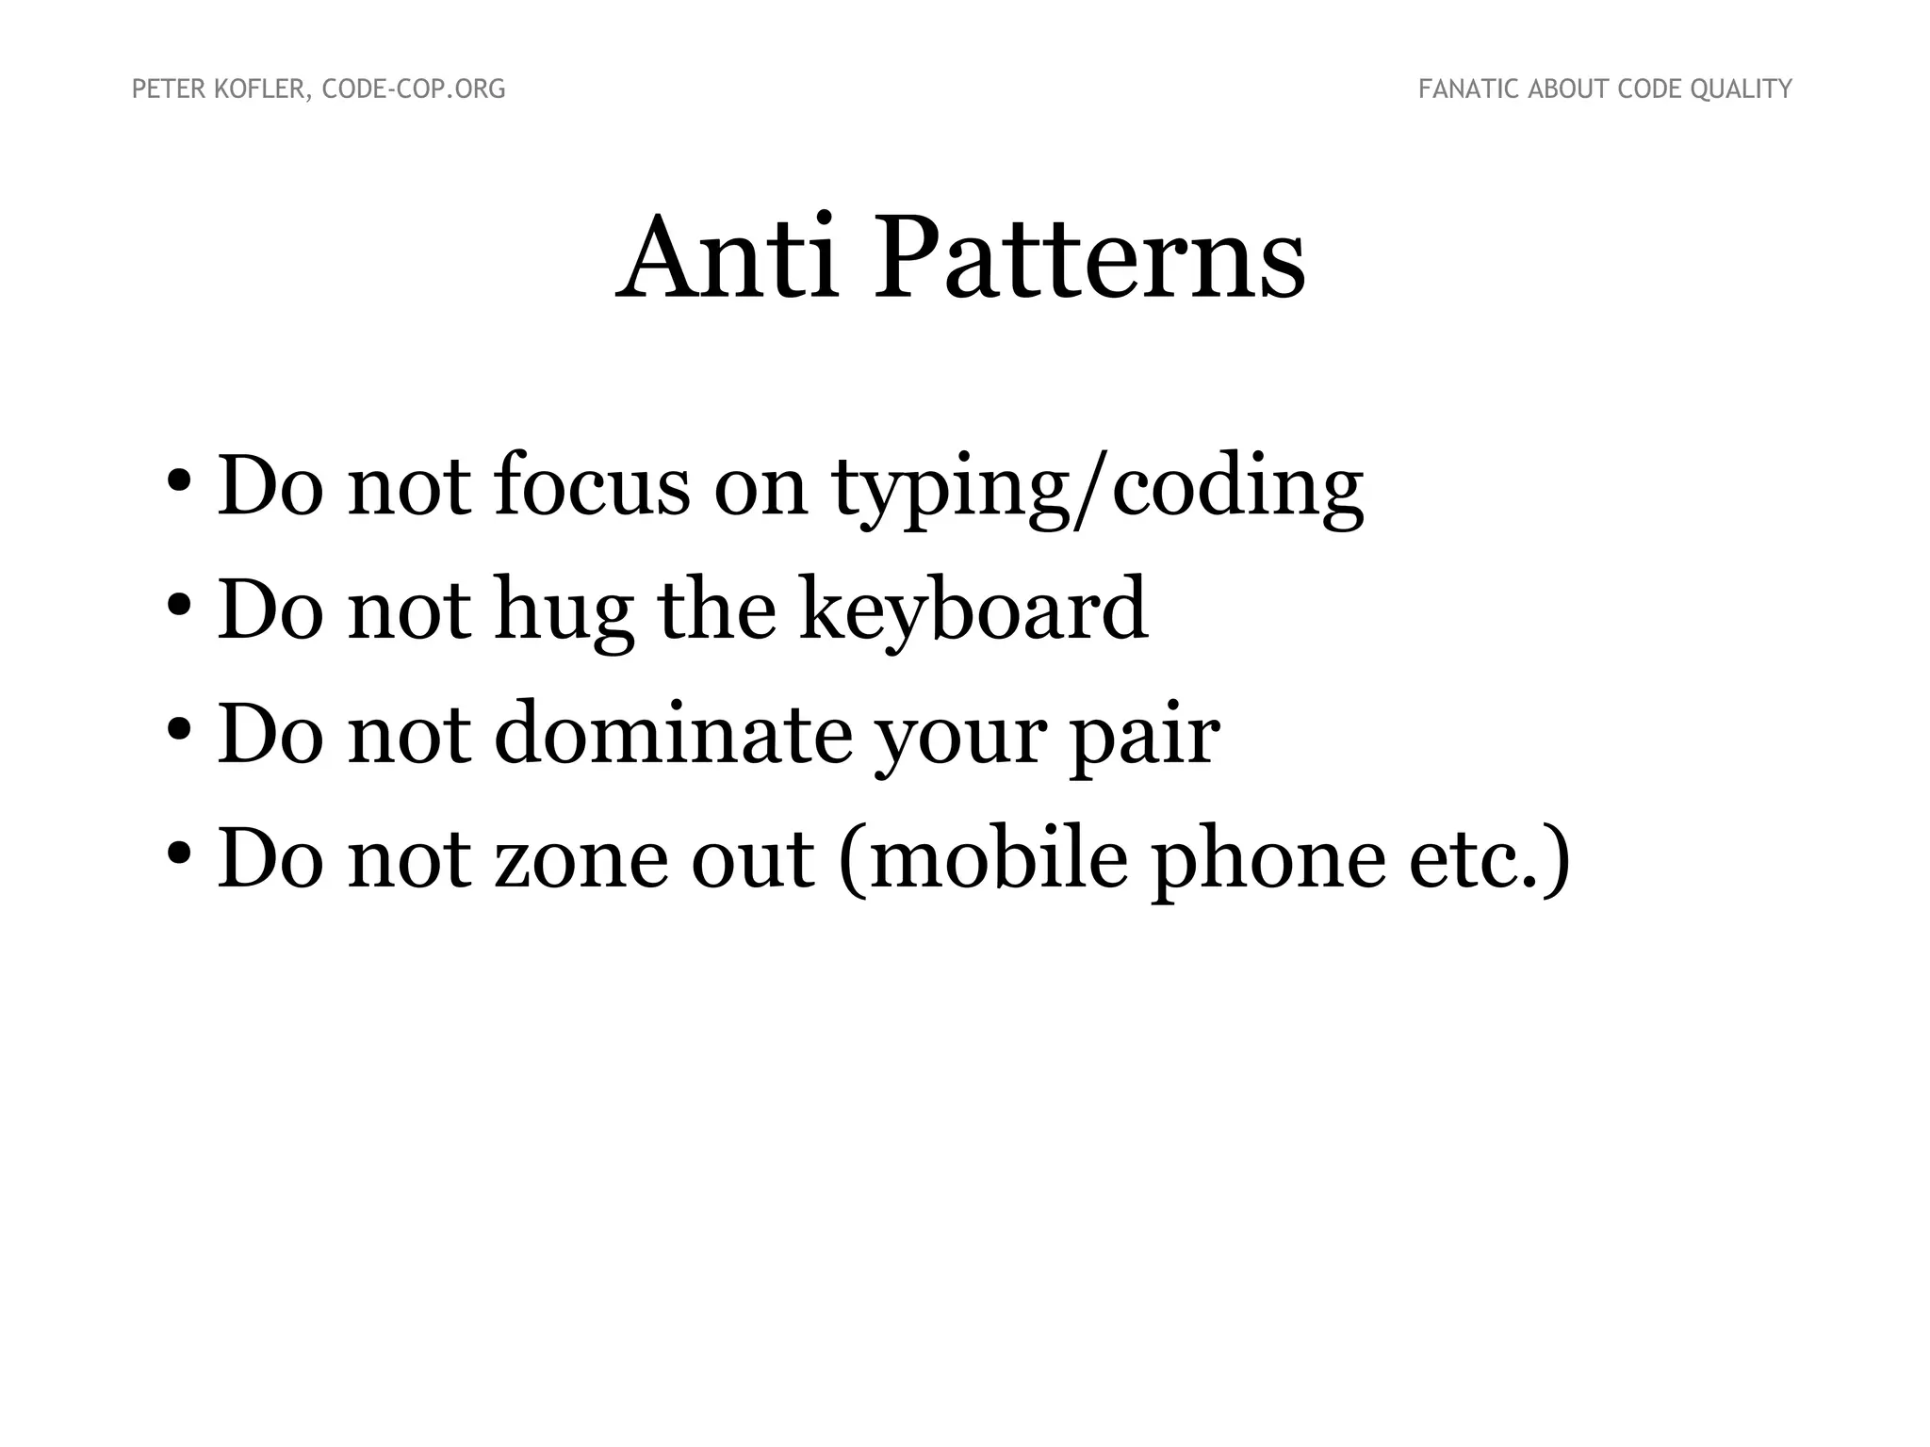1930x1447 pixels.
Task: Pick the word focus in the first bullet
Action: coord(592,486)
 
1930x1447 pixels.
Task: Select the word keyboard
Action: coord(974,610)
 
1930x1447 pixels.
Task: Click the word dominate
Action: coord(673,735)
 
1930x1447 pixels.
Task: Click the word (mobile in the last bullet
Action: coord(983,860)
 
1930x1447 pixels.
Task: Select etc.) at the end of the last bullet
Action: coord(1489,860)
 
